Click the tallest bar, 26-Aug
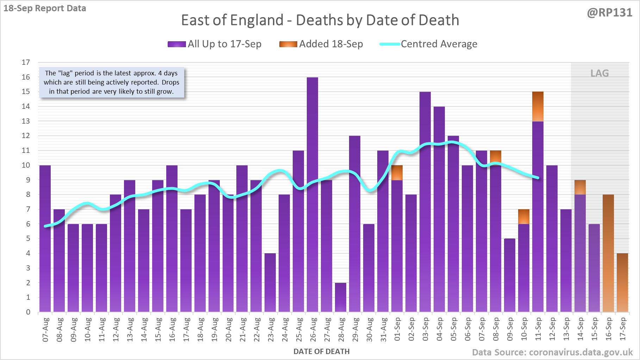(x=312, y=194)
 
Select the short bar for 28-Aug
(x=341, y=298)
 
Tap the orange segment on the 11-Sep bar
(x=538, y=106)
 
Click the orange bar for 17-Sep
(x=622, y=283)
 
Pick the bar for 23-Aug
(x=270, y=283)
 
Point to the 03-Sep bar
(x=425, y=201)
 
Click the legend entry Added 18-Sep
(x=321, y=44)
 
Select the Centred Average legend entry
(x=429, y=44)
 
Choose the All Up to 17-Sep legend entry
(x=215, y=44)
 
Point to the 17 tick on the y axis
(x=26, y=62)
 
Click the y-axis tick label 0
(x=28, y=312)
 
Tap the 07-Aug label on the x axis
(x=45, y=329)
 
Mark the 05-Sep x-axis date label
(x=454, y=329)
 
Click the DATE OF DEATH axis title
(x=322, y=352)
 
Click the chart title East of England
(x=320, y=20)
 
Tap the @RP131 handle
(x=609, y=13)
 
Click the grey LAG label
(x=599, y=73)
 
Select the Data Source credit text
(x=552, y=352)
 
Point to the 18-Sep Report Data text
(x=45, y=8)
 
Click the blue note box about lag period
(x=111, y=82)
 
